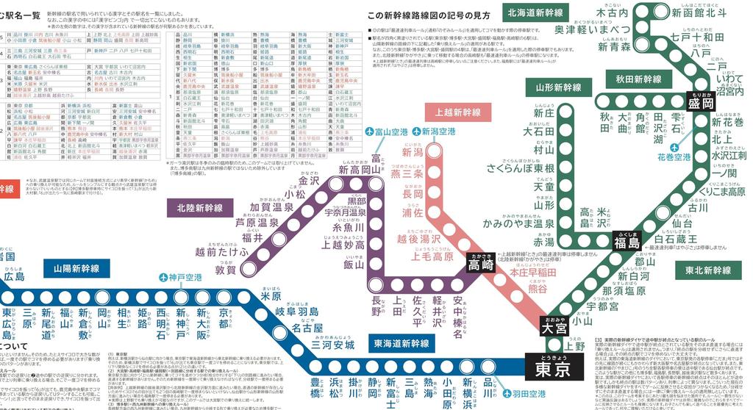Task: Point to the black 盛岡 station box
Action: [x=701, y=103]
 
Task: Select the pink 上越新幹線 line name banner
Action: [x=457, y=112]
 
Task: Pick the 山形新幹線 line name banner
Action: [x=559, y=87]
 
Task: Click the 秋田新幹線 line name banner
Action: [x=638, y=79]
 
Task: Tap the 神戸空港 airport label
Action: [x=180, y=278]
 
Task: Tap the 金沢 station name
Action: [x=308, y=181]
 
